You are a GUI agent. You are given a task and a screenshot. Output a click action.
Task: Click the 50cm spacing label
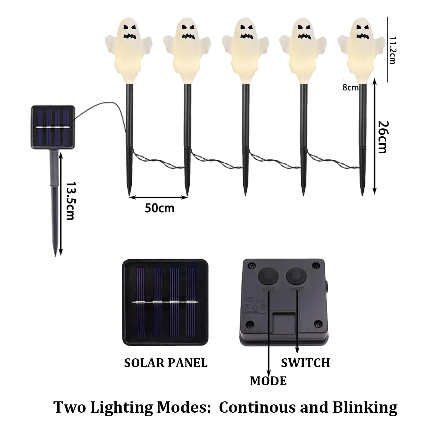159,209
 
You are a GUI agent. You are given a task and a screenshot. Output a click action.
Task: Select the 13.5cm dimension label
71,201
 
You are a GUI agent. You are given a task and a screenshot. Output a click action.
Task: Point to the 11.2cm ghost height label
392,50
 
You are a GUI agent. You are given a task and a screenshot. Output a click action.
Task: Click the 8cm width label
350,88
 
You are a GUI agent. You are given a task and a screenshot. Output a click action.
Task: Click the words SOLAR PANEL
166,363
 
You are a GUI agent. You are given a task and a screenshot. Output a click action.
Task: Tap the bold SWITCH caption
305,363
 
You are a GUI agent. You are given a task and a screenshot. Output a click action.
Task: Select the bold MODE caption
268,381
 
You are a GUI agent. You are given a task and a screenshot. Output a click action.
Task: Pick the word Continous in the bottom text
257,407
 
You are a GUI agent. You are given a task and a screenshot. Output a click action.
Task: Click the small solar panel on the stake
53,128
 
